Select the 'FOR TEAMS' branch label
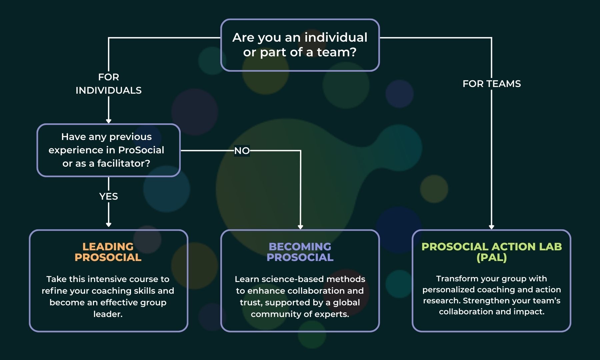pyautogui.click(x=491, y=84)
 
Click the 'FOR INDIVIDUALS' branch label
pyautogui.click(x=109, y=84)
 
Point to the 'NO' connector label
pyautogui.click(x=242, y=151)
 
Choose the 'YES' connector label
pyautogui.click(x=109, y=196)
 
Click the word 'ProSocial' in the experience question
pyautogui.click(x=141, y=150)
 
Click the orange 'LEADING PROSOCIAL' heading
pyautogui.click(x=108, y=252)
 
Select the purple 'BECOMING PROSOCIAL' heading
pyautogui.click(x=300, y=252)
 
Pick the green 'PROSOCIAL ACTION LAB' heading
pyautogui.click(x=491, y=247)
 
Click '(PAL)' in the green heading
pyautogui.click(x=491, y=257)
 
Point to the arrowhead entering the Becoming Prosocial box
pyautogui.click(x=300, y=227)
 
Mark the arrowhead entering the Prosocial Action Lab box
pyautogui.click(x=491, y=227)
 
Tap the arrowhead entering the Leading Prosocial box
pyautogui.click(x=109, y=225)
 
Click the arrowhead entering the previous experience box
pyautogui.click(x=109, y=121)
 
